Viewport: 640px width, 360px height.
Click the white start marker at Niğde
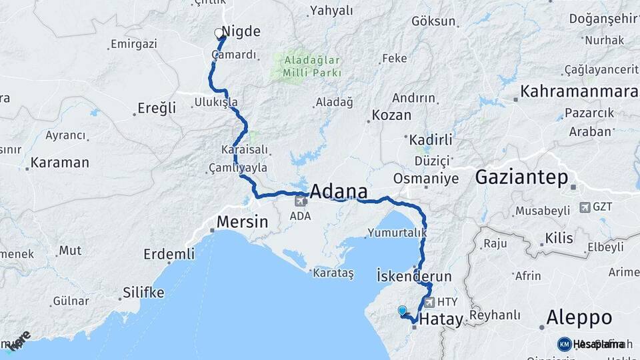[x=219, y=33]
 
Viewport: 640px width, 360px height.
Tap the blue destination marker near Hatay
[x=401, y=310]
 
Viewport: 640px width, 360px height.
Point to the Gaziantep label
[x=521, y=177]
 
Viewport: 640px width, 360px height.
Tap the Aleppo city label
[x=579, y=317]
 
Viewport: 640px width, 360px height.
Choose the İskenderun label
[x=414, y=276]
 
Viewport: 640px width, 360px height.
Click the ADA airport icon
[x=300, y=201]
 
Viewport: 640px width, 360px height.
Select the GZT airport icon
[x=585, y=207]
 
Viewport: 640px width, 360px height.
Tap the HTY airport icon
[x=429, y=302]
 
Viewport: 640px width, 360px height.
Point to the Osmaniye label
[x=426, y=179]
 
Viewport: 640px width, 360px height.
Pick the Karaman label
[x=59, y=163]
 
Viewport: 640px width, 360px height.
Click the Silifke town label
[x=143, y=292]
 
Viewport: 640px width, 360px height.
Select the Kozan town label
[x=391, y=115]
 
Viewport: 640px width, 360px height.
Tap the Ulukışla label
[x=216, y=103]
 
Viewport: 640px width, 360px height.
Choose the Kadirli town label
[x=431, y=140]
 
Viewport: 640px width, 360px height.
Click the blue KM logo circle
[x=565, y=344]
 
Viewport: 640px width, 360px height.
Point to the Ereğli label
[x=157, y=108]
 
